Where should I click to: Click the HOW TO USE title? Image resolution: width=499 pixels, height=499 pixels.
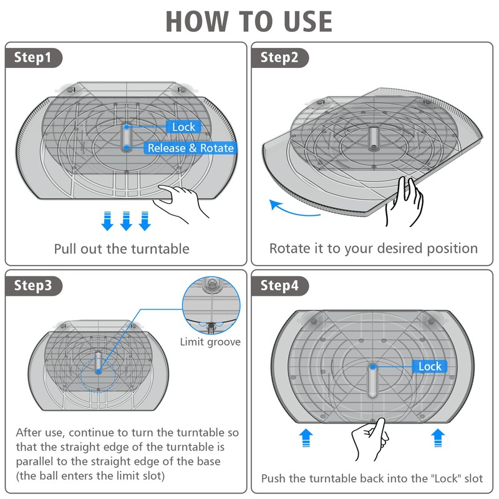[249, 22]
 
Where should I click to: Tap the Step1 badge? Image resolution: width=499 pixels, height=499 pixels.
[34, 57]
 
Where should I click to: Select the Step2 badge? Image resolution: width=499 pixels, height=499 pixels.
[279, 57]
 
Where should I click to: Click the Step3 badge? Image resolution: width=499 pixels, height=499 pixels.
[34, 286]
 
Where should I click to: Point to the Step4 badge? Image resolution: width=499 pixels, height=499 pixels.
[279, 286]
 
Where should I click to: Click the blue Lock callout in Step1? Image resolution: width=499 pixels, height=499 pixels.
[183, 127]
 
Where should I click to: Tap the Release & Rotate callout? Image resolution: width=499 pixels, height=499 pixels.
[191, 148]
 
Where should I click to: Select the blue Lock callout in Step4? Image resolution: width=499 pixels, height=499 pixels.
[430, 366]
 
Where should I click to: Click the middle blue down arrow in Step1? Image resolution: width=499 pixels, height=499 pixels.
[126, 221]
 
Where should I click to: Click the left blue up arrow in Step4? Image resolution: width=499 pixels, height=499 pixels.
[306, 438]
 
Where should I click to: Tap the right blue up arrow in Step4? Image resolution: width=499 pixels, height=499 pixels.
[438, 438]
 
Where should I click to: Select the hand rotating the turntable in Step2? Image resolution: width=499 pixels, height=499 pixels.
[404, 201]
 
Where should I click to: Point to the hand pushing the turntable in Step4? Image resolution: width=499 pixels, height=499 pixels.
[371, 439]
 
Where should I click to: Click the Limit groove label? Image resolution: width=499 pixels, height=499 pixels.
[210, 342]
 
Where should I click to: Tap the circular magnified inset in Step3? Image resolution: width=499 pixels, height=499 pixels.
[211, 305]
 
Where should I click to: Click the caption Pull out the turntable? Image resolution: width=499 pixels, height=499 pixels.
[122, 249]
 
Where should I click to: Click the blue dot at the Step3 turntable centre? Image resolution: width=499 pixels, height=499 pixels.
[98, 371]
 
